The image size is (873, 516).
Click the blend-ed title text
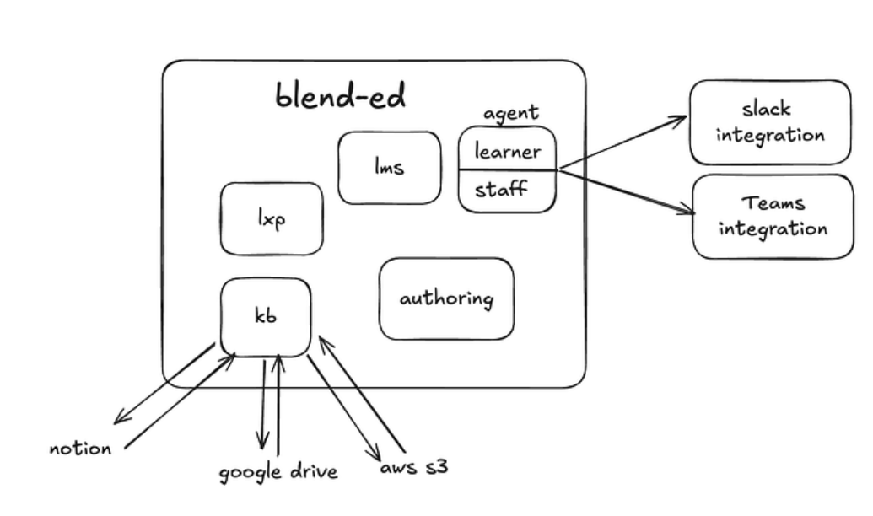[x=340, y=96]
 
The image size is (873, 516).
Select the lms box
[x=389, y=167]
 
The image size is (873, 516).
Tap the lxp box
[x=271, y=218]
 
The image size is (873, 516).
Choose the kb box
[x=265, y=317]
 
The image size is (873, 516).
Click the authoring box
[x=446, y=298]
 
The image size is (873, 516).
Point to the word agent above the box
[x=510, y=114]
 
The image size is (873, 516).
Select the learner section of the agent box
[x=507, y=151]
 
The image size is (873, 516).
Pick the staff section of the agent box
[x=501, y=189]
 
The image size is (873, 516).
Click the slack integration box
[x=770, y=122]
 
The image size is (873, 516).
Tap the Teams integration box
[x=773, y=216]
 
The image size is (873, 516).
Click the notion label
[x=80, y=448]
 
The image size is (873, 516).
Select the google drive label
[x=278, y=470]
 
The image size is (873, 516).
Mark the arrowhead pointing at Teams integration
[x=685, y=212]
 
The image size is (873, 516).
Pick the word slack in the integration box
[x=767, y=110]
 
